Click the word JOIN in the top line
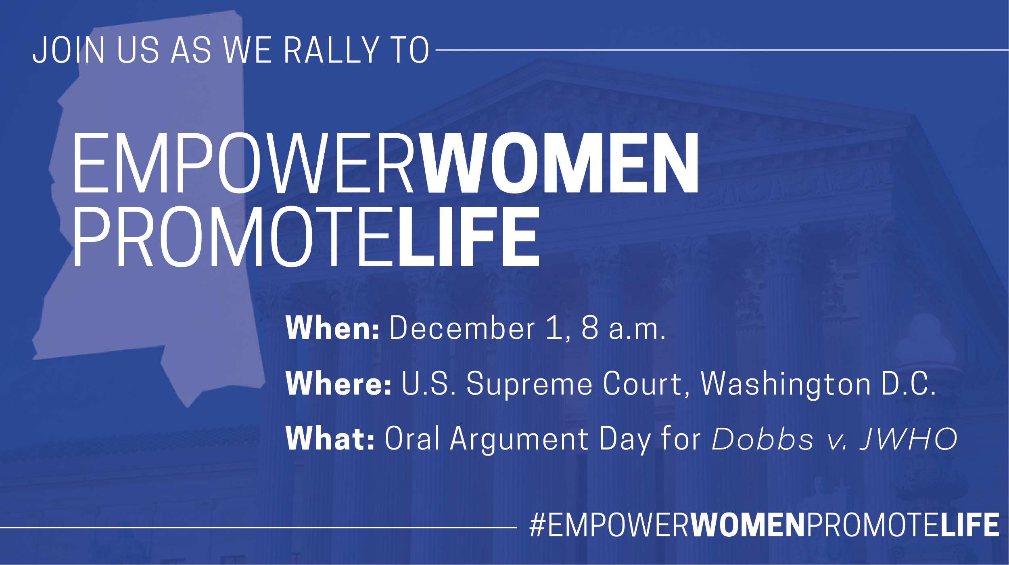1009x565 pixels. [x=69, y=50]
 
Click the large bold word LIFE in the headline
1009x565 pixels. [x=469, y=237]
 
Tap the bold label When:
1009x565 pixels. [x=332, y=328]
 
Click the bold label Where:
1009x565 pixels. [x=338, y=383]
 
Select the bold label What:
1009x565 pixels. [x=330, y=438]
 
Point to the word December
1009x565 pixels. [x=462, y=328]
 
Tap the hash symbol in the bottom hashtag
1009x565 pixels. [x=537, y=525]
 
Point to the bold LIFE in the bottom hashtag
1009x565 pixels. [x=970, y=525]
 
